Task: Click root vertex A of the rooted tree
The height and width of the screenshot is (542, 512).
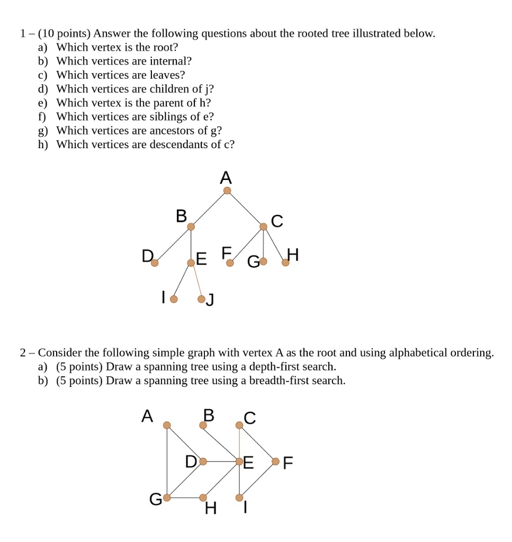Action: [x=227, y=191]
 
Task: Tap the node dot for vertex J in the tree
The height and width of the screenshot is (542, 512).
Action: [x=201, y=299]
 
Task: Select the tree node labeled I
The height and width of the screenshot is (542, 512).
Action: [x=174, y=299]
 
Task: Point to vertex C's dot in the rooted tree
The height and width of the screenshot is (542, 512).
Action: [x=263, y=227]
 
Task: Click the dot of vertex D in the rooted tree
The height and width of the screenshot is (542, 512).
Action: [x=155, y=263]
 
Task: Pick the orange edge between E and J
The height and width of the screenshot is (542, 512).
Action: [x=196, y=281]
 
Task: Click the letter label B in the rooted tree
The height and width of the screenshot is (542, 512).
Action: [x=181, y=216]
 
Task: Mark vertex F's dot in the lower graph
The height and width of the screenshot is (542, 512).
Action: [x=275, y=462]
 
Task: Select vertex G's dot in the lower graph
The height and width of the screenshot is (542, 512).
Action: [x=167, y=498]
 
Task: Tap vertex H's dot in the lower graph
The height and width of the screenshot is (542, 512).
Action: [x=203, y=498]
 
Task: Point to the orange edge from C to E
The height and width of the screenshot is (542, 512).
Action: [x=239, y=442]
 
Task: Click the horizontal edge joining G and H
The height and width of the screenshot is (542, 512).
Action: [x=185, y=498]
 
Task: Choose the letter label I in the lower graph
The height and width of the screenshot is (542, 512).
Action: [x=245, y=510]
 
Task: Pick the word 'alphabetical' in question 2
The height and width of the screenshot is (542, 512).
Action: [x=417, y=353]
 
